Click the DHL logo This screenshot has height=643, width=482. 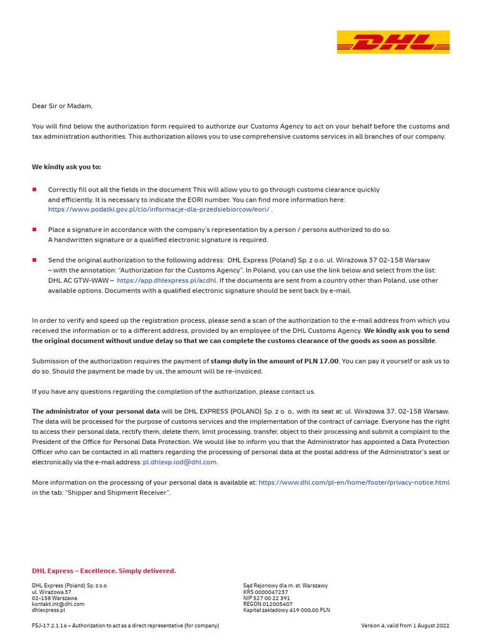pos(393,42)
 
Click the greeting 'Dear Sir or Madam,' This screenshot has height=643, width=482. pos(62,106)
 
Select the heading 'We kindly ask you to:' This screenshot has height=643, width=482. pos(67,167)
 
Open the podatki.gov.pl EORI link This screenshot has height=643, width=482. pos(159,210)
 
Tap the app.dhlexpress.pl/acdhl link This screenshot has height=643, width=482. pos(166,281)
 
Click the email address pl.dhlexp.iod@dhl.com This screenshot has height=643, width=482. pos(179,462)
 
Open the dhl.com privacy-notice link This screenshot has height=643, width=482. pos(354,482)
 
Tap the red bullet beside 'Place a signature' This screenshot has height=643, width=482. pos(35,230)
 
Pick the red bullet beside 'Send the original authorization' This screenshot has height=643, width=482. pos(35,260)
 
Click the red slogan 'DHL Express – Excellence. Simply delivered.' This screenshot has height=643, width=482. pos(104,571)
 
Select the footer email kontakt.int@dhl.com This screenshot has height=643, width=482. pos(58,604)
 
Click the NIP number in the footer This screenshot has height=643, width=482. pos(266,598)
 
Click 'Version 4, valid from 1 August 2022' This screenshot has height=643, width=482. pos(405,625)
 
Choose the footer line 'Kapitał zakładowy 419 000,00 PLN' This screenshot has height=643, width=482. pos(286,610)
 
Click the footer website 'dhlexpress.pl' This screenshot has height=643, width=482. pos(48,610)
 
